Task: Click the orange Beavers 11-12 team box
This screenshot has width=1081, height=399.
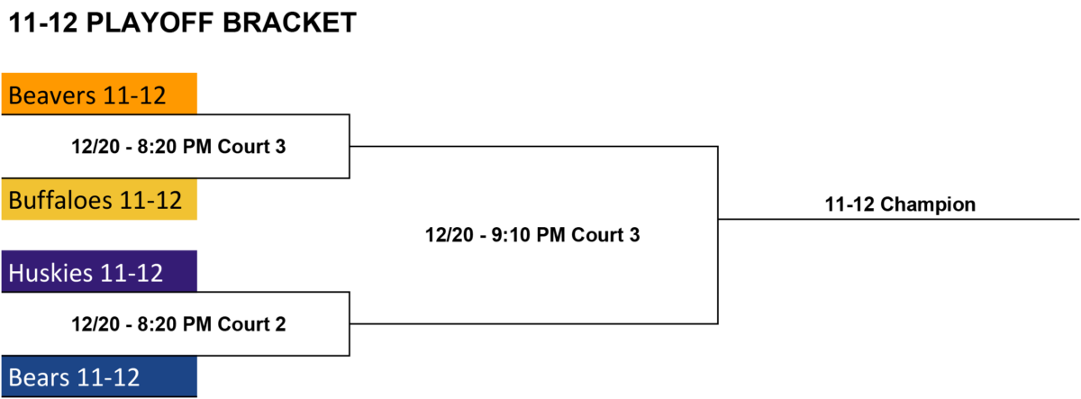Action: [x=99, y=94]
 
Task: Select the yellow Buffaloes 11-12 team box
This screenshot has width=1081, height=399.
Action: [x=99, y=199]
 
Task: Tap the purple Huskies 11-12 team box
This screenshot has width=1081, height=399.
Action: [x=99, y=271]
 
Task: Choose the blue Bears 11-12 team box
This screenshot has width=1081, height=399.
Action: [x=99, y=376]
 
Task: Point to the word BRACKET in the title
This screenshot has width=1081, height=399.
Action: [x=289, y=23]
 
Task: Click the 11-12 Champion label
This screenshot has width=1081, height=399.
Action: [x=900, y=204]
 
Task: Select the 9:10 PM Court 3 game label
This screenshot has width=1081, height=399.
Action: [x=532, y=235]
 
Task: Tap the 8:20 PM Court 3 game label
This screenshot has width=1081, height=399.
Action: [x=178, y=146]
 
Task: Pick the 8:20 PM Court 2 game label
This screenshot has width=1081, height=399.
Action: [x=178, y=323]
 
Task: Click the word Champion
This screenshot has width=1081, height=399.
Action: [x=928, y=204]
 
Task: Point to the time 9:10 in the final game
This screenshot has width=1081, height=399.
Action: [x=511, y=235]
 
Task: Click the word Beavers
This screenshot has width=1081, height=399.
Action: [x=52, y=95]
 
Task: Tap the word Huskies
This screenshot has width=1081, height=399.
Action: [x=50, y=273]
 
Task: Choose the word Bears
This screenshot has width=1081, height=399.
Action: [x=39, y=377]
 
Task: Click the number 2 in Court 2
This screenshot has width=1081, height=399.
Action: [x=280, y=324]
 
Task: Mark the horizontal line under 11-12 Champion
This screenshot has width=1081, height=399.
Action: [x=899, y=220]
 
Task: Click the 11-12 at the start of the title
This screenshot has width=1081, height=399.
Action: [x=43, y=23]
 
